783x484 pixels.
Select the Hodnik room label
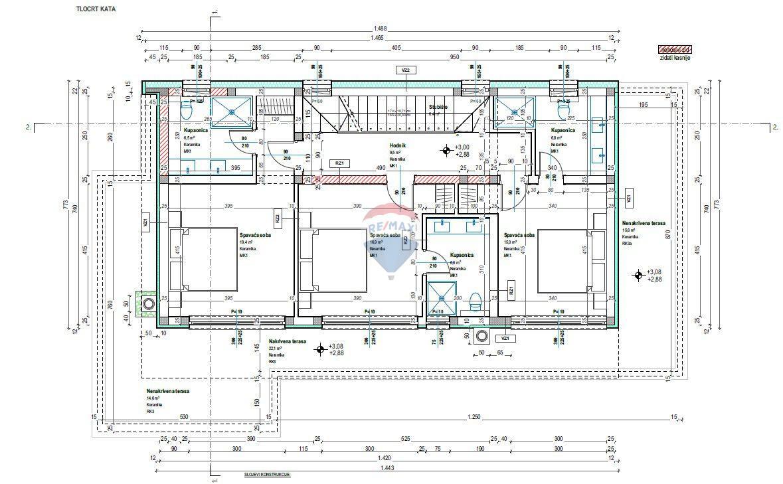[398, 145]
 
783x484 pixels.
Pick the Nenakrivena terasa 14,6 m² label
[167, 392]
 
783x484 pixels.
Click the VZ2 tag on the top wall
[404, 70]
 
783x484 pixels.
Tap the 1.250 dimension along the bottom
[474, 416]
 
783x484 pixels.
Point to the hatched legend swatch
[674, 49]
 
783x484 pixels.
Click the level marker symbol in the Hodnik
[444, 151]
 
